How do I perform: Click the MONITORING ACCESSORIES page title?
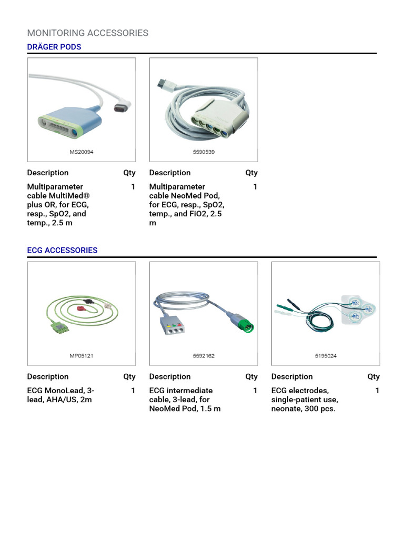pyautogui.click(x=87, y=33)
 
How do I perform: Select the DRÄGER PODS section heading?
pyautogui.click(x=54, y=47)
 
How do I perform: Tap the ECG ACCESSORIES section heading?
pyautogui.click(x=62, y=250)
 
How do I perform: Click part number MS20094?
pyautogui.click(x=82, y=152)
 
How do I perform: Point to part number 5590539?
pyautogui.click(x=204, y=152)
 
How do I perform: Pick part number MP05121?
pyautogui.click(x=82, y=356)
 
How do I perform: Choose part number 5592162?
pyautogui.click(x=204, y=356)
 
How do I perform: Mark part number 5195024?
pyautogui.click(x=326, y=356)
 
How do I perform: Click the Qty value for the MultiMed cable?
pyautogui.click(x=133, y=187)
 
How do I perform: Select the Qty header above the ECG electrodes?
pyautogui.click(x=373, y=376)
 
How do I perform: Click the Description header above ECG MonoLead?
pyautogui.click(x=48, y=376)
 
